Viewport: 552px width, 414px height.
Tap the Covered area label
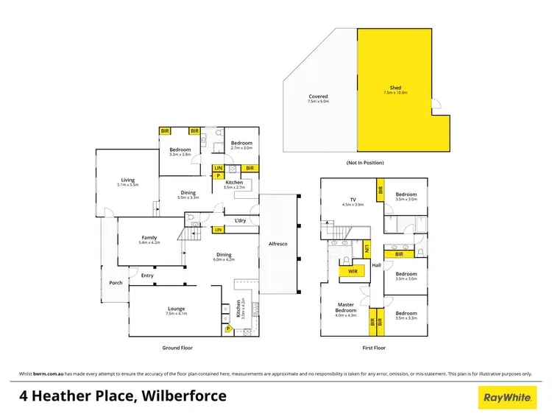tap(318, 97)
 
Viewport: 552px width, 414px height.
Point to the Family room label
tap(149, 237)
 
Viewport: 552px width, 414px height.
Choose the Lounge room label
tap(175, 309)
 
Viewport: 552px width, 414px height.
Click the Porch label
tap(116, 282)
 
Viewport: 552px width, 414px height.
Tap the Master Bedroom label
tap(346, 307)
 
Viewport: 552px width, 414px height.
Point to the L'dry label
tap(240, 220)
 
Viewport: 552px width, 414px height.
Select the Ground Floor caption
tap(177, 348)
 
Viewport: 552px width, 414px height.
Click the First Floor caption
tap(374, 348)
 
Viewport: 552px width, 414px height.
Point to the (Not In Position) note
tap(366, 162)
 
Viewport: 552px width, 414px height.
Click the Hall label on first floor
tap(376, 265)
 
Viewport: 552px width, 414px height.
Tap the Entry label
tap(148, 276)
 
